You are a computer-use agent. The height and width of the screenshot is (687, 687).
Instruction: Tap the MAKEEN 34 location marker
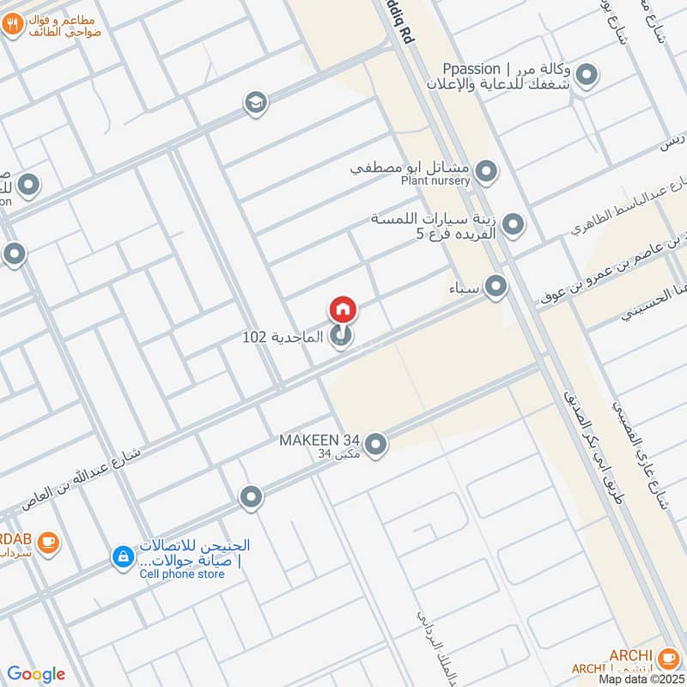[375, 444]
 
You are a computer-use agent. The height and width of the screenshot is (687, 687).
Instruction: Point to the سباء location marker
[495, 286]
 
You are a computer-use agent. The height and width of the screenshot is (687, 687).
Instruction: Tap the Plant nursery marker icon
[486, 173]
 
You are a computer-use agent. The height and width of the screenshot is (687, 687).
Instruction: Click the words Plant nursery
[435, 180]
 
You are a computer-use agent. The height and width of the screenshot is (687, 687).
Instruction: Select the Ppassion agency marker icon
[587, 76]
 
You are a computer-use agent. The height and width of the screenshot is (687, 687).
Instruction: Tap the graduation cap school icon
[255, 104]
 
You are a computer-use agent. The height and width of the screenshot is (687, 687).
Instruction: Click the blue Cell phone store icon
[124, 557]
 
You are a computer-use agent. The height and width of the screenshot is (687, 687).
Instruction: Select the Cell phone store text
[182, 574]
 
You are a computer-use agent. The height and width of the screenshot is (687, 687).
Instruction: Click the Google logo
[36, 674]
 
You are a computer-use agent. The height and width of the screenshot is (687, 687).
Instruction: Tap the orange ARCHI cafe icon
[668, 657]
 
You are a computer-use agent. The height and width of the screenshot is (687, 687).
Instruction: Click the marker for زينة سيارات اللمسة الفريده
[513, 225]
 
